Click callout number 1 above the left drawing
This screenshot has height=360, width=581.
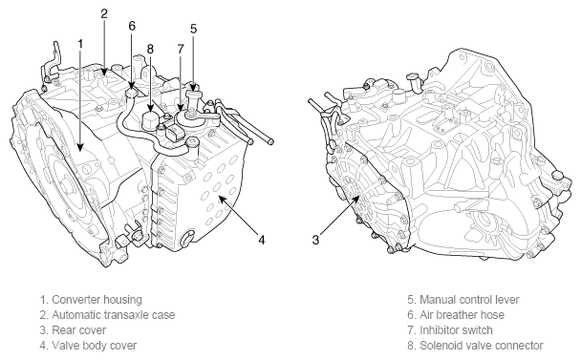tap(80, 45)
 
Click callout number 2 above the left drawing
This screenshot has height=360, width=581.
tap(104, 13)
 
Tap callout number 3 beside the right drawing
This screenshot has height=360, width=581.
tap(315, 240)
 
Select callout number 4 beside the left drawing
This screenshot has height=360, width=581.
tap(262, 240)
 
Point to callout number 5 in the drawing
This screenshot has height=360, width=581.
tap(193, 29)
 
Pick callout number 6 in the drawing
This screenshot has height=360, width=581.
tap(132, 26)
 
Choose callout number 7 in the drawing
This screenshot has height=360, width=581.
tap(181, 49)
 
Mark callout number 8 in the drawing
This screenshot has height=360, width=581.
tap(150, 49)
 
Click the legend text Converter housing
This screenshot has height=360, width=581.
tap(97, 299)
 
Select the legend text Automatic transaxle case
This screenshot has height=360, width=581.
tap(114, 315)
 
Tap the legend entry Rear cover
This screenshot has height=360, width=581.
tap(79, 330)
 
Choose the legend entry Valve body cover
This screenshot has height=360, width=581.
tap(94, 346)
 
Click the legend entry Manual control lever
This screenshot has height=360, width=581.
tap(469, 299)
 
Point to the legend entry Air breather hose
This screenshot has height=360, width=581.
tap(463, 315)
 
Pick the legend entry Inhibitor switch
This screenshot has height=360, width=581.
tap(456, 330)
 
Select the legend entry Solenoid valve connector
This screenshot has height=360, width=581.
tap(482, 346)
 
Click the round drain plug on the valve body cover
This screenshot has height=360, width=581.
tap(188, 238)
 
